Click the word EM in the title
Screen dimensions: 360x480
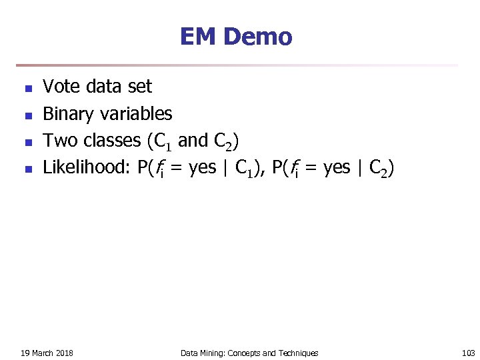click(x=198, y=37)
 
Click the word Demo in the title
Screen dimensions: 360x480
click(x=258, y=37)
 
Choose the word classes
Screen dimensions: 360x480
click(x=109, y=141)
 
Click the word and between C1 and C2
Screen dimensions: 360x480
click(x=193, y=141)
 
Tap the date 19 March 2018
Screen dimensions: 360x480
click(x=47, y=353)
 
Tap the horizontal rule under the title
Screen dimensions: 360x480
click(x=237, y=65)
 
